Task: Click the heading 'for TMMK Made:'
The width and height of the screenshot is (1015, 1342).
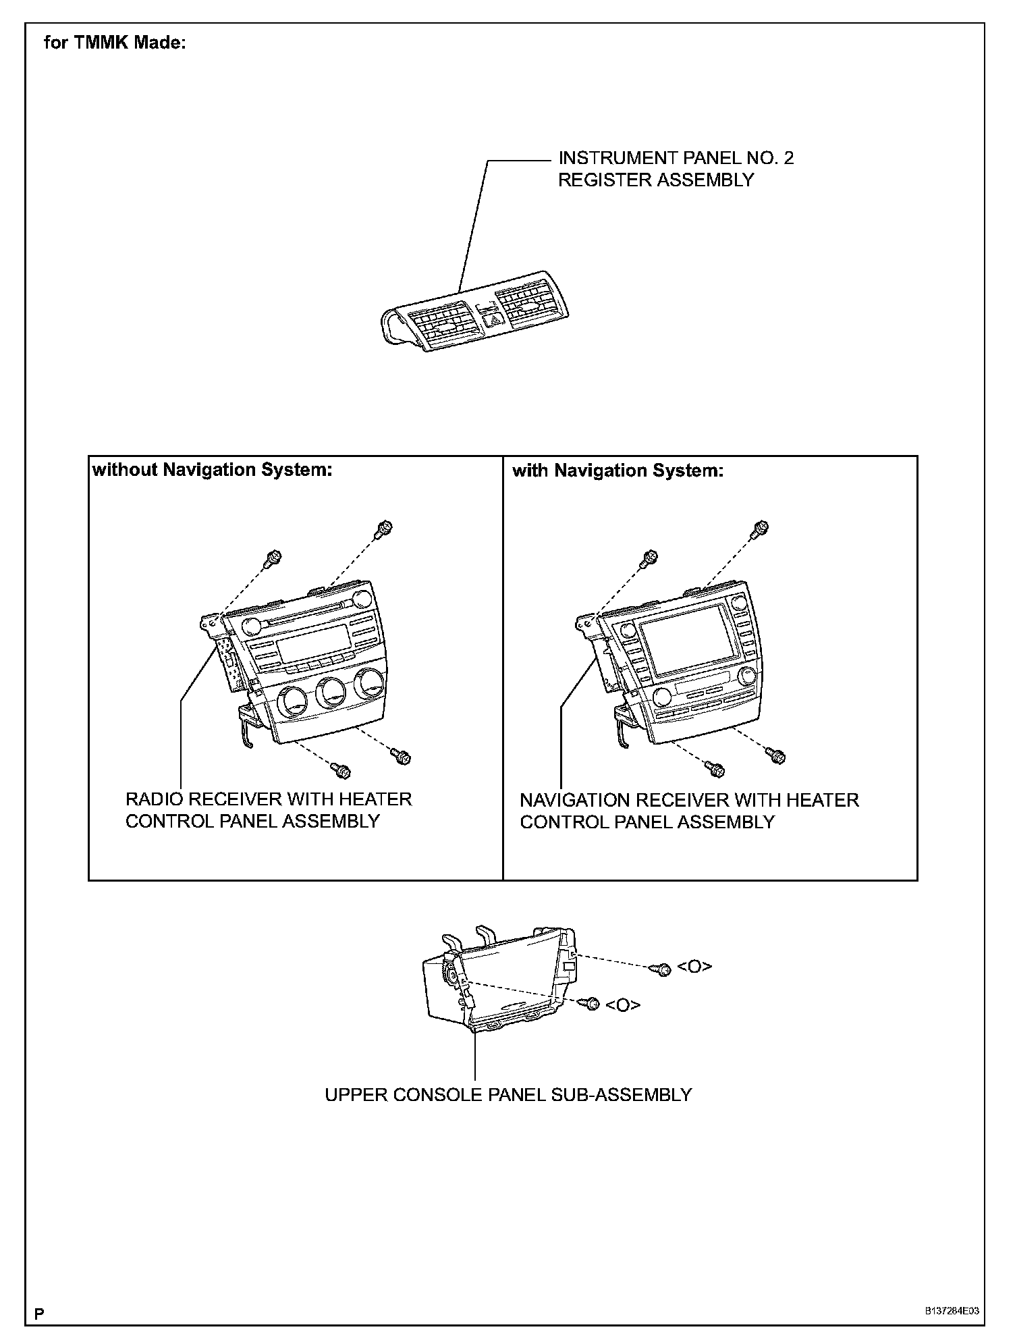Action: (x=115, y=43)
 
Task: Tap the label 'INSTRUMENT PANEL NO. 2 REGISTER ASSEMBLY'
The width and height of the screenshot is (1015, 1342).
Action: (x=675, y=169)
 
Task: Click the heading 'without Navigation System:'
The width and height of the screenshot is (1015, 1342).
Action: (x=212, y=470)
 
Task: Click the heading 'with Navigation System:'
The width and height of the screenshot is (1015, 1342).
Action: (x=618, y=471)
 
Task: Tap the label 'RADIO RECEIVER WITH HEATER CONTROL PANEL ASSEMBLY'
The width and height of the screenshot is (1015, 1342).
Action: (x=268, y=810)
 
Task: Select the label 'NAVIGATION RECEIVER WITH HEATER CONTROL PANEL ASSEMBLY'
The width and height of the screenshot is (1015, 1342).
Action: (x=688, y=811)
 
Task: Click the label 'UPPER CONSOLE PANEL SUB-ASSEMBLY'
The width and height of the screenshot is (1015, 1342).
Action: (x=508, y=1094)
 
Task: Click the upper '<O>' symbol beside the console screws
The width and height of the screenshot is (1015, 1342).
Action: (x=694, y=967)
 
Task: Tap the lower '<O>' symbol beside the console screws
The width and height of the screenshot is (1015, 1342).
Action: (x=622, y=1005)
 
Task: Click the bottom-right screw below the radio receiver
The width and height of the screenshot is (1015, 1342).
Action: (x=402, y=757)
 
